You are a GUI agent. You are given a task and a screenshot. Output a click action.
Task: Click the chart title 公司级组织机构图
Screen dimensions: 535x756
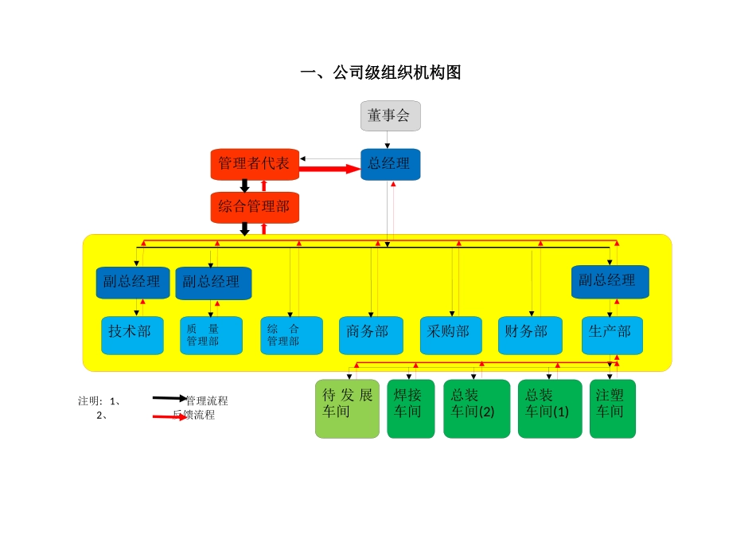pos(380,72)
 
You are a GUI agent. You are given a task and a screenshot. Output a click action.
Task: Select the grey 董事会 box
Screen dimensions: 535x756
pos(390,115)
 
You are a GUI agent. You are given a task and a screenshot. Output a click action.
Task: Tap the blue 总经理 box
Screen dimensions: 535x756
pos(390,164)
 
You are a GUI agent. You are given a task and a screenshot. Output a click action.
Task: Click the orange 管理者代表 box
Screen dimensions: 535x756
pos(255,164)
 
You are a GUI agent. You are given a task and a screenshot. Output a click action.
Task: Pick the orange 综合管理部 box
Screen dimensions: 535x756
pos(255,207)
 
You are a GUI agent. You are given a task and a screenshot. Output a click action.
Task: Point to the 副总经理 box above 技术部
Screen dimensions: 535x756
pos(133,282)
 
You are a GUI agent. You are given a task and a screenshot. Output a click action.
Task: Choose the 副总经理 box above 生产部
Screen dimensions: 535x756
pos(610,281)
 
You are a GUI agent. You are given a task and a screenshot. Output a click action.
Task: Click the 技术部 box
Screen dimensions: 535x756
pos(132,335)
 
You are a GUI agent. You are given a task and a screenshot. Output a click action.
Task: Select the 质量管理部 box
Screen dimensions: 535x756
pos(211,335)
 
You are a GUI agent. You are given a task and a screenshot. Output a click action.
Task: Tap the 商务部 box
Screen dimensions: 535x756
pos(370,335)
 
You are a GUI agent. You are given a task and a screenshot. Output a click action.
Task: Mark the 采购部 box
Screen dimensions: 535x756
pos(450,335)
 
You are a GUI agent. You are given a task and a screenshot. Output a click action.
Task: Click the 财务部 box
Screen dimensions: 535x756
pos(530,335)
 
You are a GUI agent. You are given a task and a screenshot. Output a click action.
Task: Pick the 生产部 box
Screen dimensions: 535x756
pos(611,335)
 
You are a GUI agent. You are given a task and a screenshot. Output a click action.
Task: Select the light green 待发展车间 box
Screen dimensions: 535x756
pos(347,408)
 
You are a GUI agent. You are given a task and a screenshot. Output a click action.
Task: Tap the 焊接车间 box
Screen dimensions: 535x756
pos(411,408)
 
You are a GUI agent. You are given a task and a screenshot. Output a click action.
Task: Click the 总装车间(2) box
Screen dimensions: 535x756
pos(476,408)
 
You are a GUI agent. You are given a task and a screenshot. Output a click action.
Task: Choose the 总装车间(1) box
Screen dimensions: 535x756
pos(550,408)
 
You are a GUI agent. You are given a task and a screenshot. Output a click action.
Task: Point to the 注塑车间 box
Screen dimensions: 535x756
pos(612,408)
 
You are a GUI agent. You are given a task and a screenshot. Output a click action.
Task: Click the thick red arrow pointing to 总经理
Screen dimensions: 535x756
pos(329,169)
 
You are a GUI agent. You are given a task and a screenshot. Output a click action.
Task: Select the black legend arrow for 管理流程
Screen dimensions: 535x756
pos(170,397)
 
